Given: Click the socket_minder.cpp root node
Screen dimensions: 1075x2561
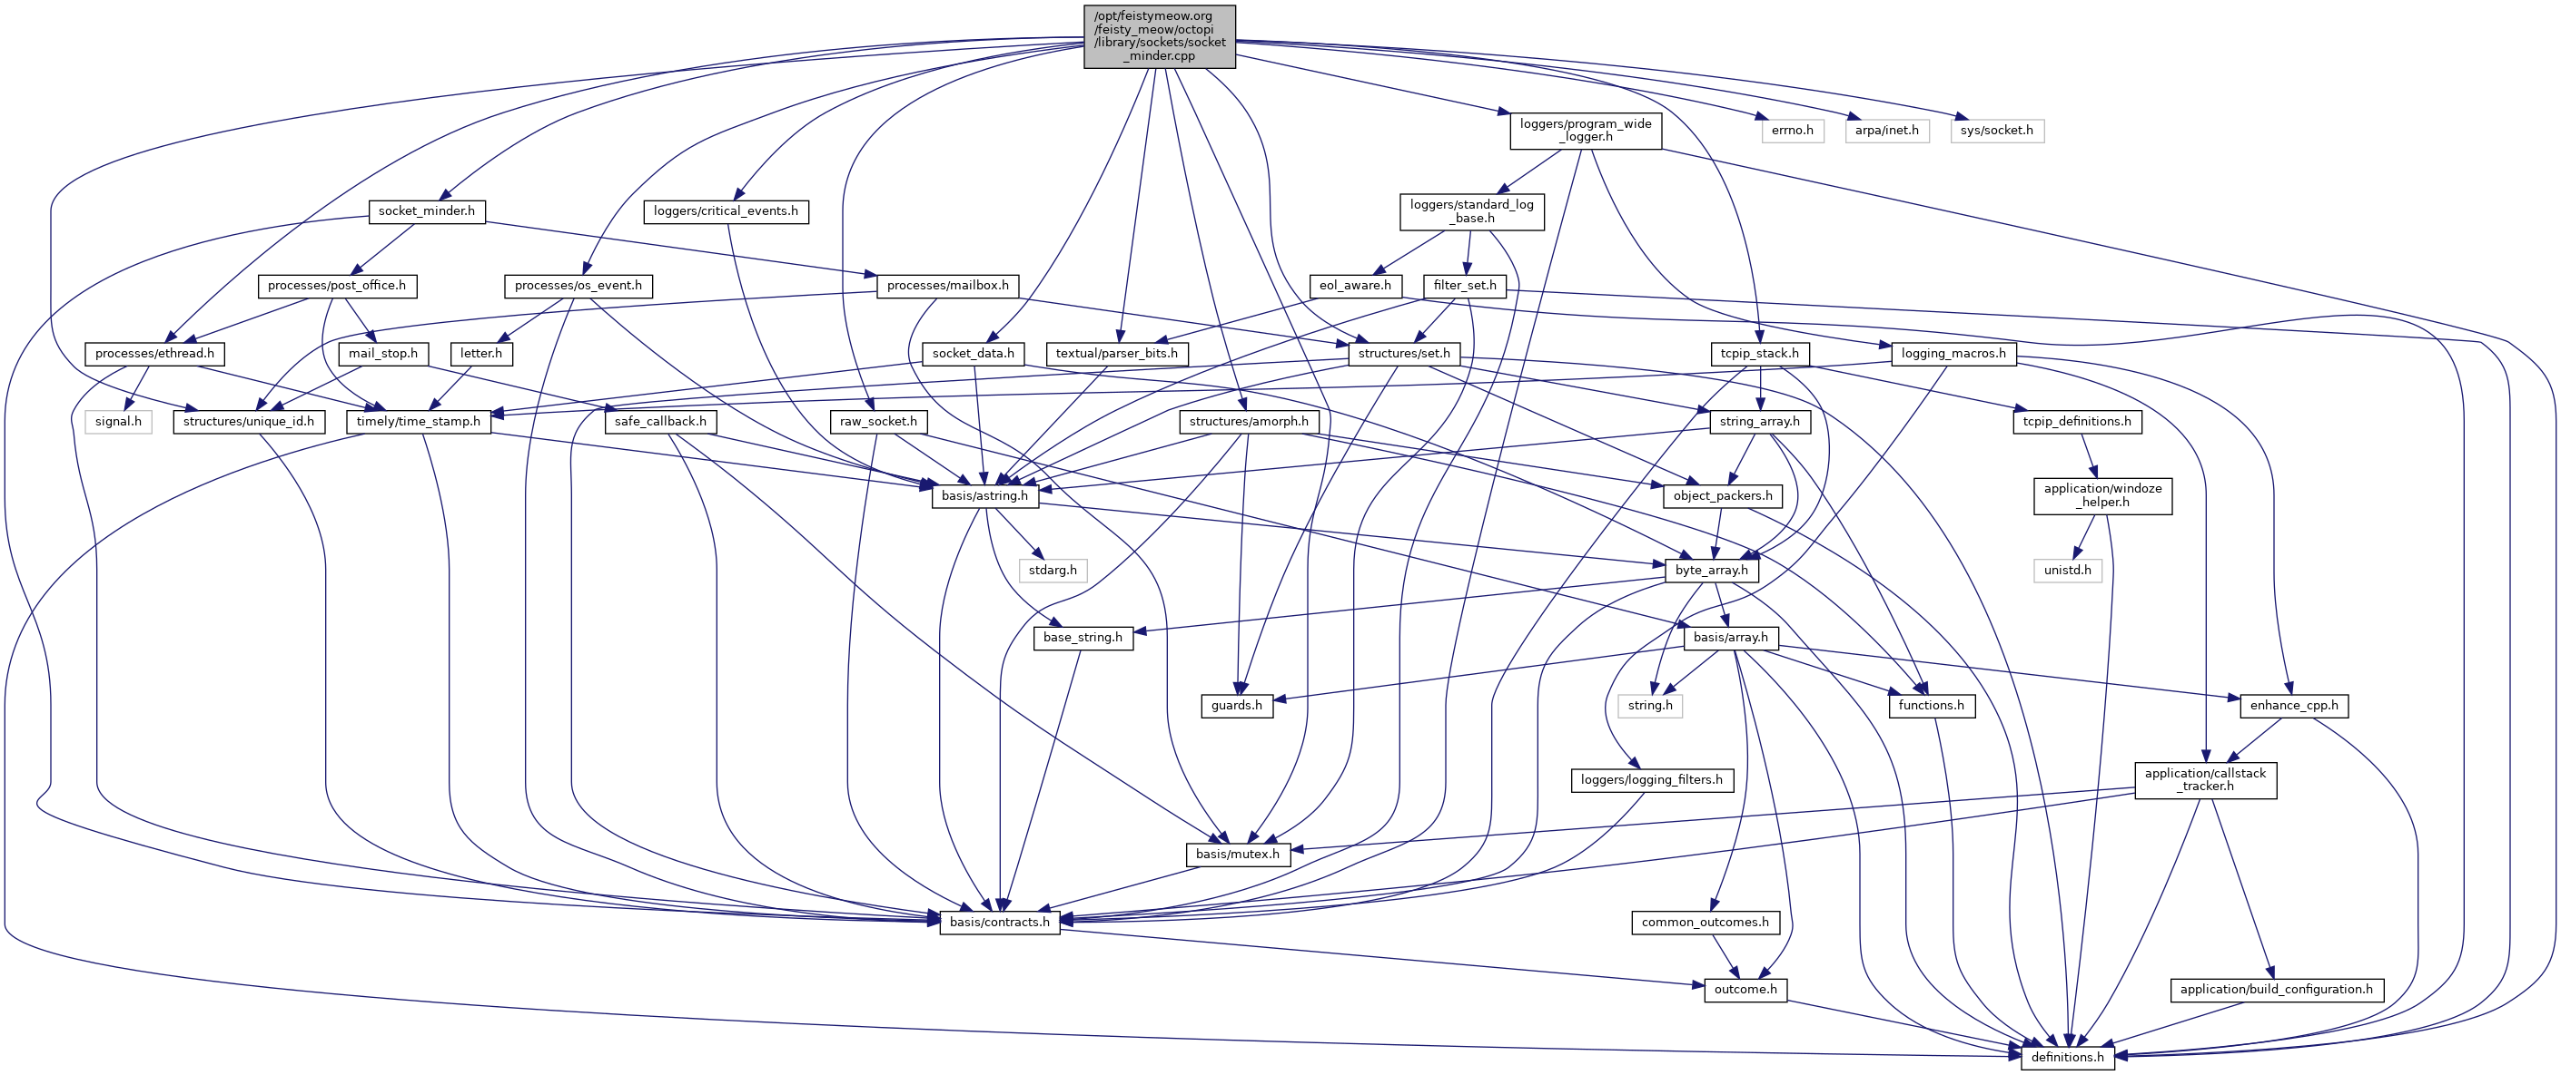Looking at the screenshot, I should tap(1159, 35).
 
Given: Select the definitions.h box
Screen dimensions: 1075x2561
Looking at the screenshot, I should tap(2067, 1057).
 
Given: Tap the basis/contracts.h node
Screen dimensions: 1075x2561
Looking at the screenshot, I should tap(999, 922).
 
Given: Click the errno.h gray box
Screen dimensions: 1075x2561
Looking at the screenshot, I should tap(1793, 130).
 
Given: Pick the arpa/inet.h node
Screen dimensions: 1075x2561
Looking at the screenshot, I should tap(1886, 130).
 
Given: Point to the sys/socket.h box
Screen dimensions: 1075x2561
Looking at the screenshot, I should tap(1996, 130).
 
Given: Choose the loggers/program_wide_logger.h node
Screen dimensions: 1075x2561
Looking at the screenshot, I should tap(1586, 130).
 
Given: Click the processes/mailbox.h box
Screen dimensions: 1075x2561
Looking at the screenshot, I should tap(947, 286).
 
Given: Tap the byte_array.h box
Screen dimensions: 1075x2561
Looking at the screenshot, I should tap(1711, 571).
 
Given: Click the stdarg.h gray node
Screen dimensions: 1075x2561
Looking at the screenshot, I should tap(1053, 571).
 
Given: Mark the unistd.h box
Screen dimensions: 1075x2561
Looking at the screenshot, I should tap(2068, 571).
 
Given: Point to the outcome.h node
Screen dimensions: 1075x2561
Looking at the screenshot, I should tap(1745, 990).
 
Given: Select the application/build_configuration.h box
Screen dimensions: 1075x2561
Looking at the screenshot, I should tap(2276, 990).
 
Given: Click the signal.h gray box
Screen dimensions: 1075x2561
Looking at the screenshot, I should tap(118, 421).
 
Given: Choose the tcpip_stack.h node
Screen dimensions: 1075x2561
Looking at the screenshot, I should tap(1760, 354).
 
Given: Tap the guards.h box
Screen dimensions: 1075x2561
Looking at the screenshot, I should tap(1237, 706).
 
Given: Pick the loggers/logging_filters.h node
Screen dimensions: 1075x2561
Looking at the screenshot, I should tap(1651, 780).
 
